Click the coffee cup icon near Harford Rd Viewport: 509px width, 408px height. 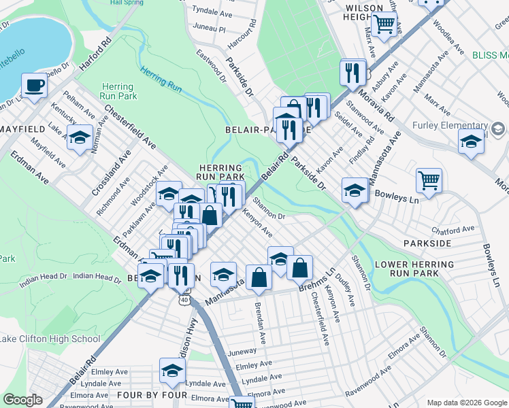coord(33,86)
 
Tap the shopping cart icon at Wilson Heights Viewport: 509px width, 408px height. coord(384,25)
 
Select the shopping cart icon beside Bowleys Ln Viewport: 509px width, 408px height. coord(429,181)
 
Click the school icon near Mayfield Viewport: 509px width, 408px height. coord(80,138)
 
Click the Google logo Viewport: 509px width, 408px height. coord(23,400)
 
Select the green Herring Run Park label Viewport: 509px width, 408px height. coord(118,91)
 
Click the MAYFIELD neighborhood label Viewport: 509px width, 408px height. coord(22,129)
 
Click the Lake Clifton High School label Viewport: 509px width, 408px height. coord(50,339)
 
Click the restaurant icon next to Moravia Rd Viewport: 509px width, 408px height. coord(352,72)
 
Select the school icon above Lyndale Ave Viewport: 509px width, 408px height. coord(172,371)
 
